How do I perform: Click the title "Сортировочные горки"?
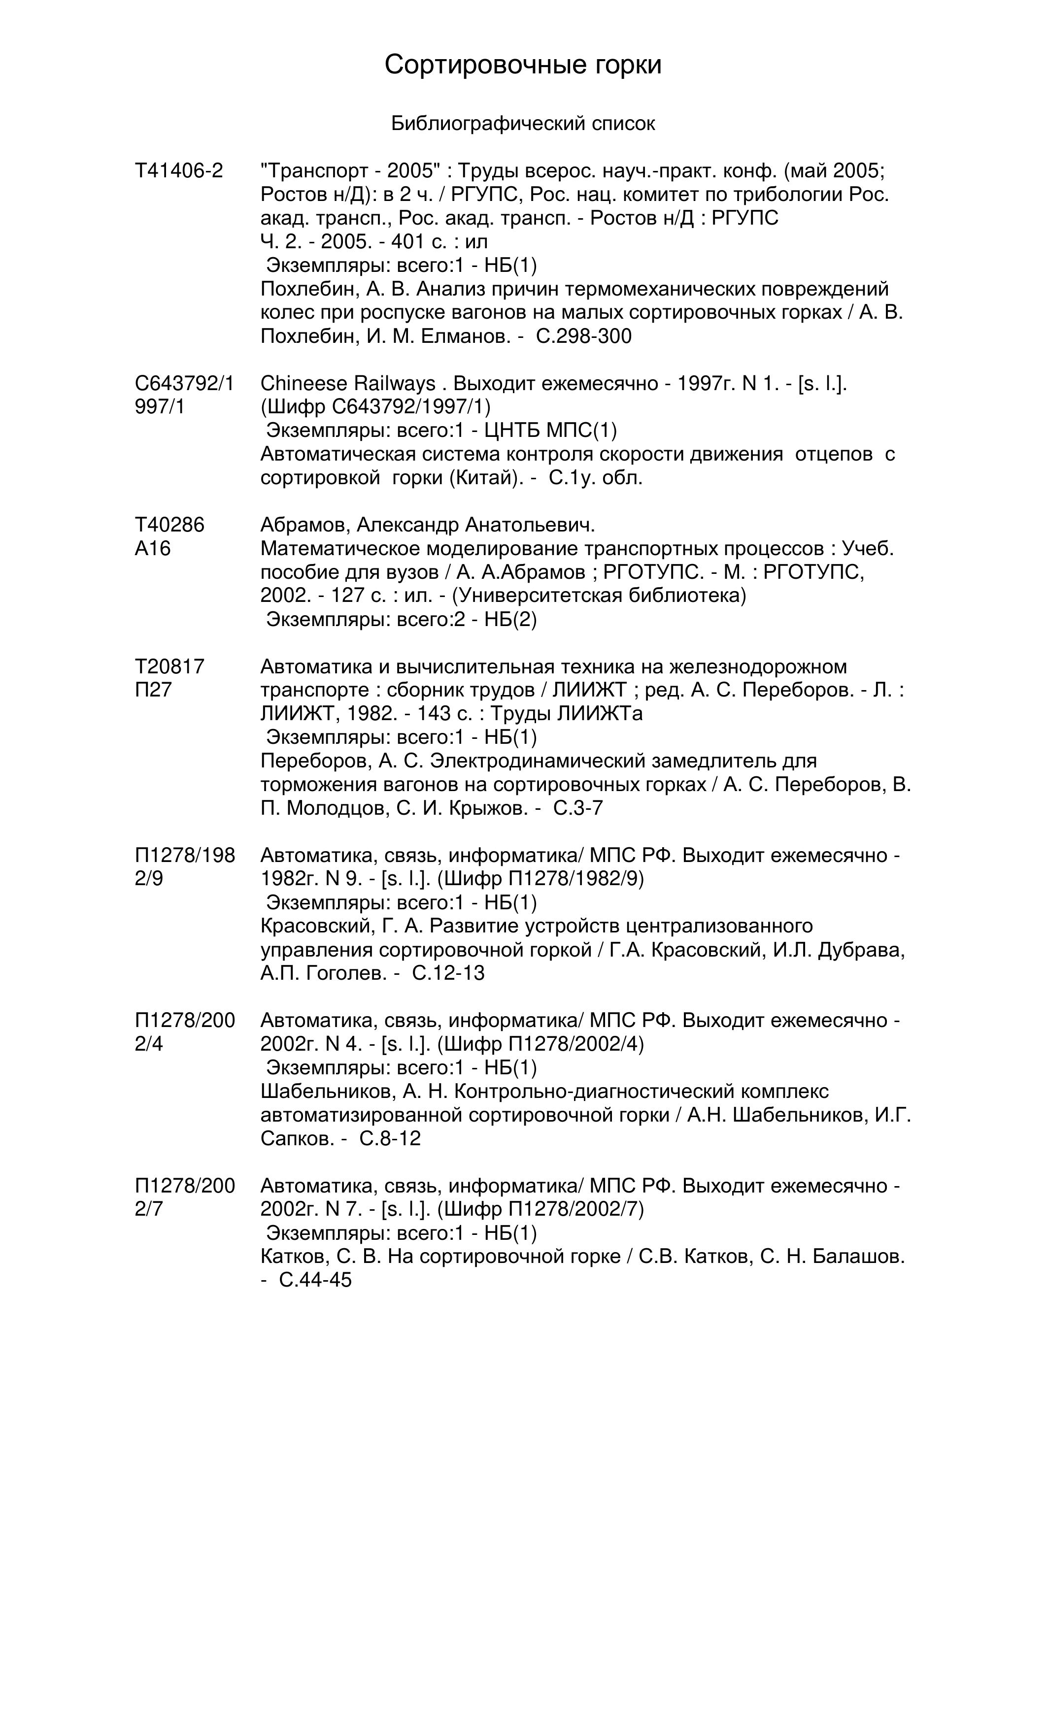click(x=523, y=65)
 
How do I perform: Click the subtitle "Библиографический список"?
click(x=523, y=124)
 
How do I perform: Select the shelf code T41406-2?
click(x=178, y=171)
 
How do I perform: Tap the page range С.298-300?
click(x=584, y=336)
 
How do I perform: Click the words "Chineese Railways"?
click(x=348, y=383)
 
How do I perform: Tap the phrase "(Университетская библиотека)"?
click(x=600, y=596)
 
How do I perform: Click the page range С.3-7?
click(x=578, y=808)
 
